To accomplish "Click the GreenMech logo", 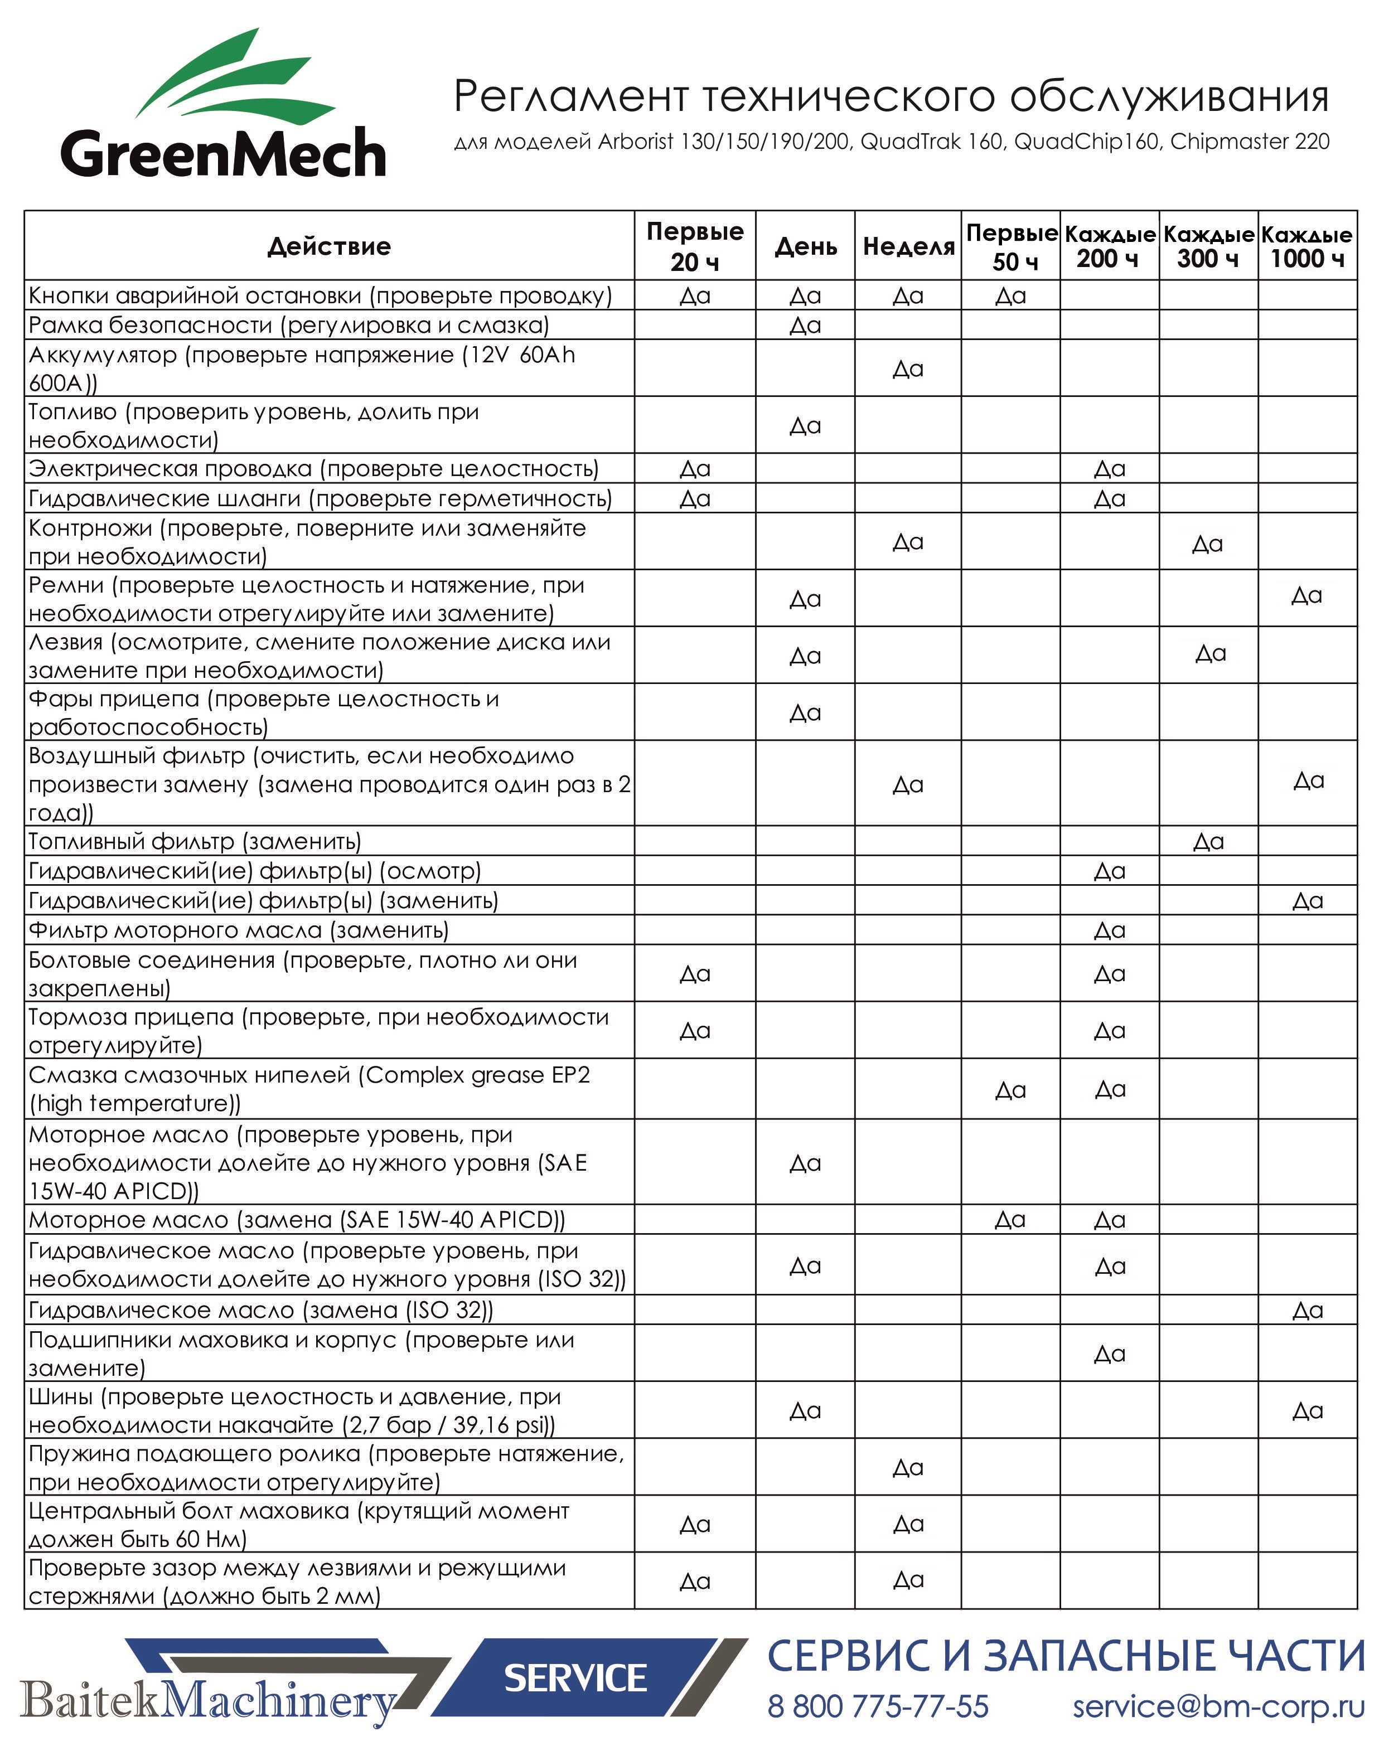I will pyautogui.click(x=223, y=105).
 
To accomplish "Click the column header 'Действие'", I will pyautogui.click(x=329, y=246).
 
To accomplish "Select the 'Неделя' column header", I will pyautogui.click(x=908, y=246).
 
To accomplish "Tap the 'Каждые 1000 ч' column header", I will pyautogui.click(x=1307, y=246).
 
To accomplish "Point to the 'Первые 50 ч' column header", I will pyautogui.click(x=1012, y=246).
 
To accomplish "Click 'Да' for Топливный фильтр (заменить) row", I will pyautogui.click(x=1208, y=842).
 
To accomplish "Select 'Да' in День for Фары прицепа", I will pyautogui.click(x=805, y=713).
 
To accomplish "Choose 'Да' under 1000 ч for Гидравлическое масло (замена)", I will pyautogui.click(x=1307, y=1309).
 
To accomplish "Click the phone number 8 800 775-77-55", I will pyautogui.click(x=878, y=1706).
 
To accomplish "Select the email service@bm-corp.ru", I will pyautogui.click(x=1219, y=1706).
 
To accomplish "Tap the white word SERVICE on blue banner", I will pyautogui.click(x=575, y=1679).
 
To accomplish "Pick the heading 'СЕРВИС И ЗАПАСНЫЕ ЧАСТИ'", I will pyautogui.click(x=1066, y=1656).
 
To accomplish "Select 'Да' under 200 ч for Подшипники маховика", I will pyautogui.click(x=1109, y=1354).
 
